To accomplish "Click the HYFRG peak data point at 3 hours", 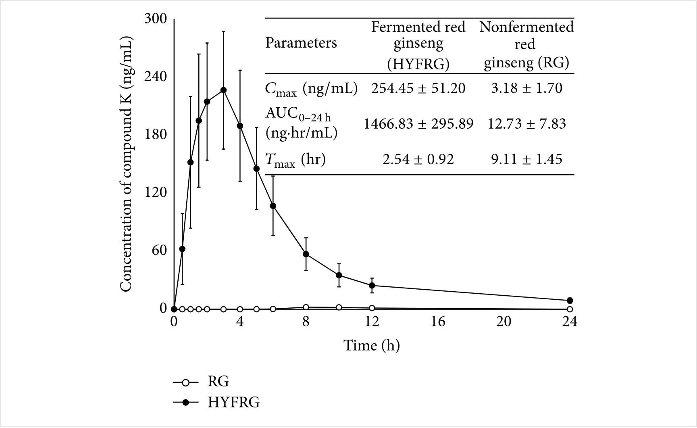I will pyautogui.click(x=223, y=90).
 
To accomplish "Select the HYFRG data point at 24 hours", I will pyautogui.click(x=570, y=301).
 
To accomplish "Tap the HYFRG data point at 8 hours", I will pyautogui.click(x=306, y=254).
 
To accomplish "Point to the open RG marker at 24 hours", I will pyautogui.click(x=570, y=309).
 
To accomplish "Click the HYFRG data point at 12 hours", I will pyautogui.click(x=372, y=286).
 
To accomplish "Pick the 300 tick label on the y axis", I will pyautogui.click(x=156, y=19).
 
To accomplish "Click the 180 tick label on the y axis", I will pyautogui.click(x=156, y=134).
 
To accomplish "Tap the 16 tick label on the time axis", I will pyautogui.click(x=438, y=322).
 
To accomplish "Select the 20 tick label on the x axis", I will pyautogui.click(x=504, y=322).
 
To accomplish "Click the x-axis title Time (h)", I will pyautogui.click(x=371, y=345).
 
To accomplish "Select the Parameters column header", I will pyautogui.click(x=301, y=43).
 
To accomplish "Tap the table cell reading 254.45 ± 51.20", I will pyautogui.click(x=418, y=88).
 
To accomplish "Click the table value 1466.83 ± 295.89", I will pyautogui.click(x=418, y=123).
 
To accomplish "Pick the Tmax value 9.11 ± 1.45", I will pyautogui.click(x=526, y=159).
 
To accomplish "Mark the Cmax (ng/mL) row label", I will pyautogui.click(x=311, y=89).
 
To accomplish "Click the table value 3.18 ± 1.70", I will pyautogui.click(x=526, y=88).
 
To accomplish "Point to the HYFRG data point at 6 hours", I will pyautogui.click(x=273, y=206).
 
